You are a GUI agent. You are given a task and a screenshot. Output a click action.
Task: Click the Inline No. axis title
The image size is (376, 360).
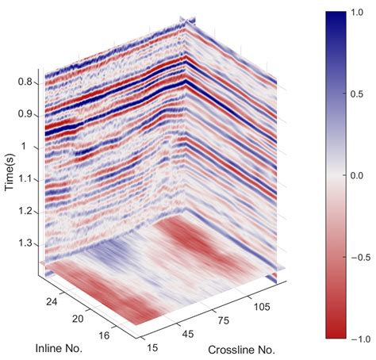point(60,348)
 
